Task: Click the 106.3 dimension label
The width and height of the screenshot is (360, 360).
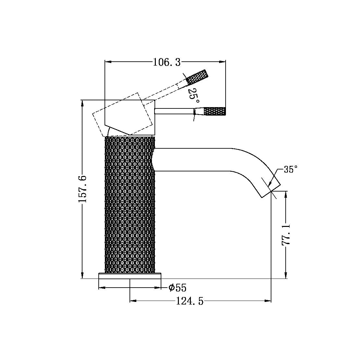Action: click(x=167, y=62)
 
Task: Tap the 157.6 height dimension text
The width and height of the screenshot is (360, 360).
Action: click(x=82, y=189)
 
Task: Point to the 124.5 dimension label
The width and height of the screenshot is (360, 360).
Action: click(x=190, y=302)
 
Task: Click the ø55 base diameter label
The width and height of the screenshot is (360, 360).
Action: click(x=178, y=288)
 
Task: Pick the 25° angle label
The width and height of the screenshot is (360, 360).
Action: click(x=192, y=94)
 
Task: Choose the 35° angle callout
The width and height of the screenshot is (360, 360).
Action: click(x=290, y=169)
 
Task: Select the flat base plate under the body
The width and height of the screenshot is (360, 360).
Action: click(x=130, y=276)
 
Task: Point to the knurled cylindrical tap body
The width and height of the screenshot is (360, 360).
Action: click(x=130, y=205)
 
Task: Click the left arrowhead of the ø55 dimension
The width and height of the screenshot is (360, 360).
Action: click(x=101, y=288)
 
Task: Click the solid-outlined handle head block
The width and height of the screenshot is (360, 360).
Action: click(x=130, y=117)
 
